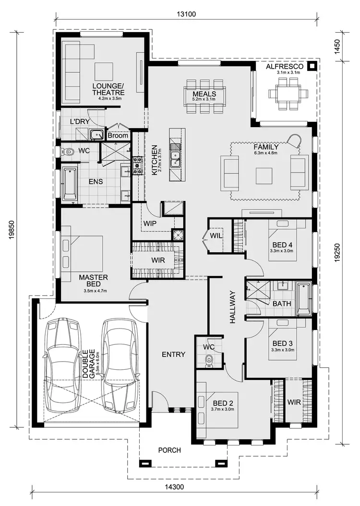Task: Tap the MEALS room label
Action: tap(204, 94)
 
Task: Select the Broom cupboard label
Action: tap(118, 136)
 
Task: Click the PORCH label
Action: tap(170, 450)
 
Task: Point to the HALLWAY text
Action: tap(233, 307)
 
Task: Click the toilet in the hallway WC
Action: tap(209, 360)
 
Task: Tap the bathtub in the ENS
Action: tap(70, 184)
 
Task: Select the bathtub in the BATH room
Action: tap(303, 299)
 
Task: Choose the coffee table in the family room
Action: tap(264, 176)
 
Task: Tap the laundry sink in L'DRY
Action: tap(97, 134)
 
